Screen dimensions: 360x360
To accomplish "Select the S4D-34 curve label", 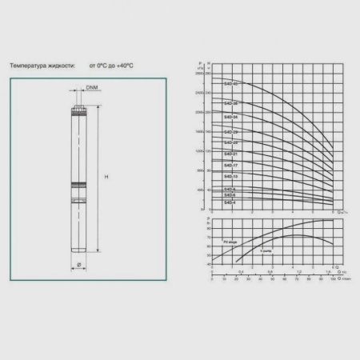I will tap(230, 117).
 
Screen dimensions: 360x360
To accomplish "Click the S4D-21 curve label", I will tap(230, 154).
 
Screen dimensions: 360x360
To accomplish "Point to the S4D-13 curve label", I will tap(230, 176).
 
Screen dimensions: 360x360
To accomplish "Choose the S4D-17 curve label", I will tap(230, 165).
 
